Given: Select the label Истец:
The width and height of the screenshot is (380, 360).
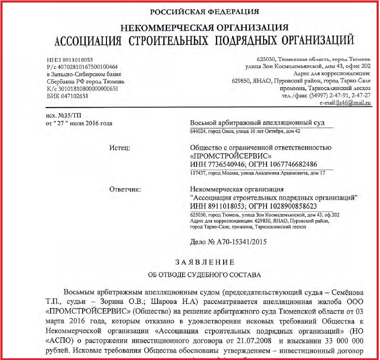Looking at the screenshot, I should click(119, 147).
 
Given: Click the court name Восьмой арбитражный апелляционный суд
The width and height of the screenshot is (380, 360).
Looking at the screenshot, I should click(257, 122).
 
